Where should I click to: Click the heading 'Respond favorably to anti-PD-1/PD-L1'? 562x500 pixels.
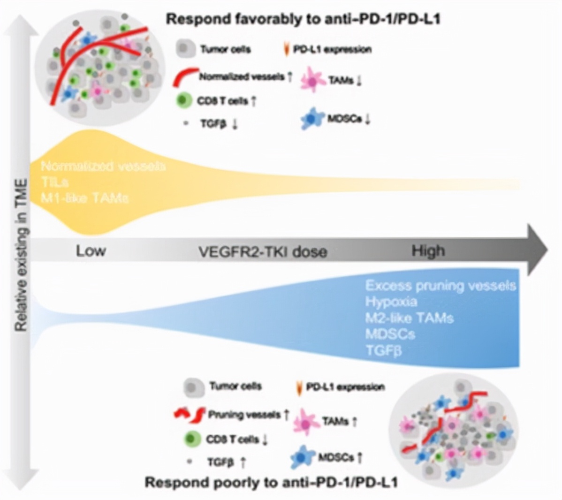pos(303,20)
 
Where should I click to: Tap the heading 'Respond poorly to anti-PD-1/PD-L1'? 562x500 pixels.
pos(271,482)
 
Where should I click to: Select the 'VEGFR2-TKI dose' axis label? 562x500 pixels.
pos(263,251)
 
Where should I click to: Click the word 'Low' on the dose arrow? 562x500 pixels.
pos(91,251)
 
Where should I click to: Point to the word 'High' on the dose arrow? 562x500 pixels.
pos(428,251)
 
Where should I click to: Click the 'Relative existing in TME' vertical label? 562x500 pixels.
pos(21,254)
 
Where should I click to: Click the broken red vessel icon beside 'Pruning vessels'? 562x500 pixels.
pos(189,414)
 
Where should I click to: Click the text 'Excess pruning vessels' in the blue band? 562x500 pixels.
pos(440,286)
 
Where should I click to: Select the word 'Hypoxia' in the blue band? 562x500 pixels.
pos(391,302)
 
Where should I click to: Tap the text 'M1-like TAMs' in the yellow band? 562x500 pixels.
pos(84,198)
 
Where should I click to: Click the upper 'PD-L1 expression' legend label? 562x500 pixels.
pos(332,49)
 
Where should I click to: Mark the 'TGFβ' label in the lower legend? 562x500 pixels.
pos(220,462)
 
